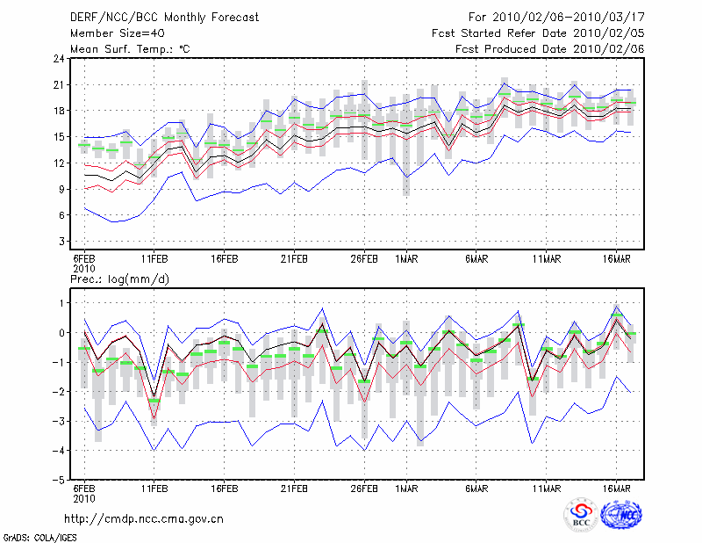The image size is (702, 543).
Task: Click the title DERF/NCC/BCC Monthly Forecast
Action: (164, 18)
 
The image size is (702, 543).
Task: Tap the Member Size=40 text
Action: (118, 33)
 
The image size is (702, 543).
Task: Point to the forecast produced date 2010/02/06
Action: (608, 49)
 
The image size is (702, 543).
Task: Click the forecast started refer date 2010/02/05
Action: (608, 33)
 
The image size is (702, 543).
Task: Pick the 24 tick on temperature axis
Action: (59, 59)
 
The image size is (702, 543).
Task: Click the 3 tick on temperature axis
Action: (61, 242)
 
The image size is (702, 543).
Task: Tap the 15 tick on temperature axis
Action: (59, 137)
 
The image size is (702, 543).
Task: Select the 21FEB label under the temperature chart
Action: (294, 259)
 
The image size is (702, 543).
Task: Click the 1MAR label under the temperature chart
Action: (406, 259)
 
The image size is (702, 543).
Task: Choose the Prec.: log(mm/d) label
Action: (119, 279)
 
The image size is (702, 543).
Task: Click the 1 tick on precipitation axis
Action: (62, 303)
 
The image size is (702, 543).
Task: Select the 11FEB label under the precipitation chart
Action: (154, 489)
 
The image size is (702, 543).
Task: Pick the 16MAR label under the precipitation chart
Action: (617, 489)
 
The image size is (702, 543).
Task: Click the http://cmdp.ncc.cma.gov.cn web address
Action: (144, 519)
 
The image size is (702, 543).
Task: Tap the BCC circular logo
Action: (581, 516)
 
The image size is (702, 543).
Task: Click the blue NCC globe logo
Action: (621, 515)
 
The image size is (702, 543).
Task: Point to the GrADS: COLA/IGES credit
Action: (40, 538)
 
